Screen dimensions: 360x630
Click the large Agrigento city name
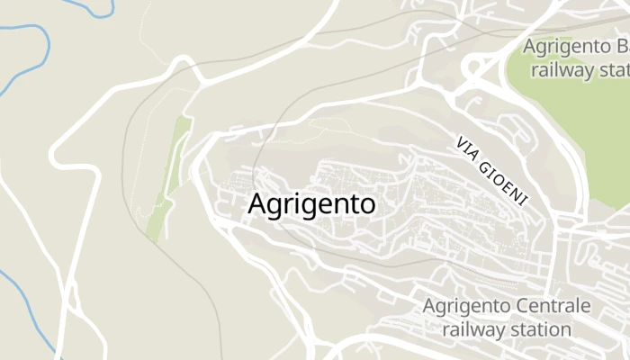[310, 205]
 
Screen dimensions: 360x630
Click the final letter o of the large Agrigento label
[366, 205]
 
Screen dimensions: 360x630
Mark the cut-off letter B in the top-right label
[621, 46]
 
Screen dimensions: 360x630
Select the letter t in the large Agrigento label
[350, 205]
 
